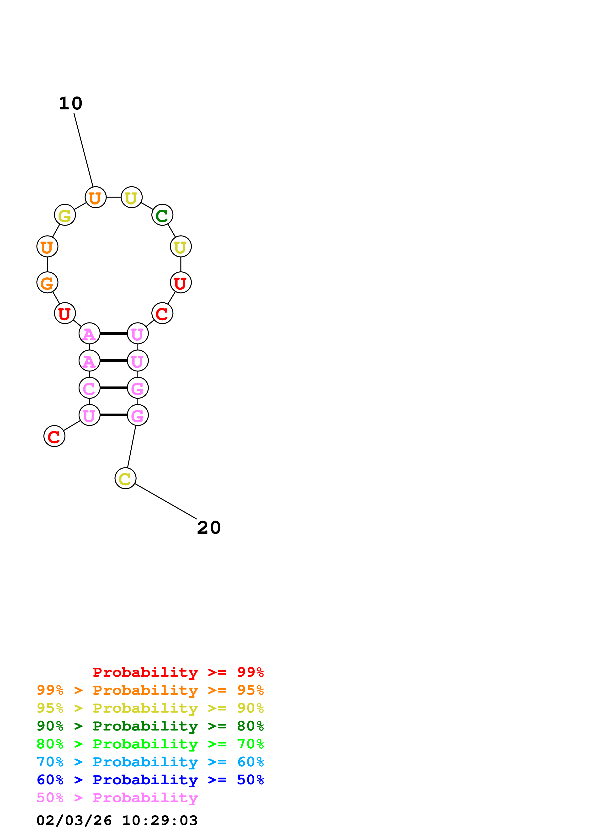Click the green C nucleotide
point(162,215)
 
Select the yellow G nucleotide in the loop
point(65,215)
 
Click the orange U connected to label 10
point(96,198)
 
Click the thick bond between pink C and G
point(113,388)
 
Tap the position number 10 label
point(71,104)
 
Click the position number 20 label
point(209,528)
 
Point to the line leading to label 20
point(166,501)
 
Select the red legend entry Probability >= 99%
point(178,672)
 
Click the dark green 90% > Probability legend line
point(150,726)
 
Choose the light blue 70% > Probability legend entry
point(150,762)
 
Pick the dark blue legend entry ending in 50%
point(150,780)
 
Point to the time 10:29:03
point(160,821)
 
